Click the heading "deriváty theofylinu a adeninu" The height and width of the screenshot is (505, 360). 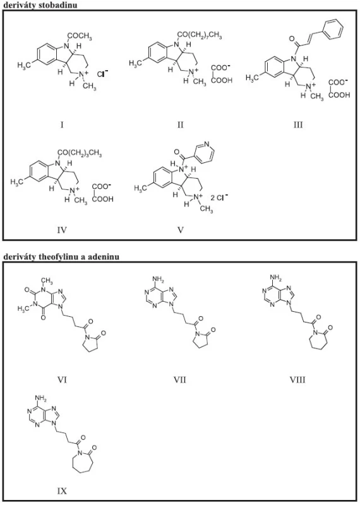point(61,257)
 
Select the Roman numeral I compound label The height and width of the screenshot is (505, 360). point(62,124)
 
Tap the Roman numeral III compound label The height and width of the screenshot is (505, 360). point(298,124)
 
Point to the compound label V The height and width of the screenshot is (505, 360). point(181,230)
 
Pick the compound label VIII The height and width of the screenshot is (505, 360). point(297,380)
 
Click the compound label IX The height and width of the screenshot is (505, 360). point(62,490)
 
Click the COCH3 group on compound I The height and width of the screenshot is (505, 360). point(80,37)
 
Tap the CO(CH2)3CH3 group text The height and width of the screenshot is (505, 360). point(80,153)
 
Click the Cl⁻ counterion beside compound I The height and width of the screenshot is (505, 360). point(103,74)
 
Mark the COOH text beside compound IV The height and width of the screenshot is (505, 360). point(103,199)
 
